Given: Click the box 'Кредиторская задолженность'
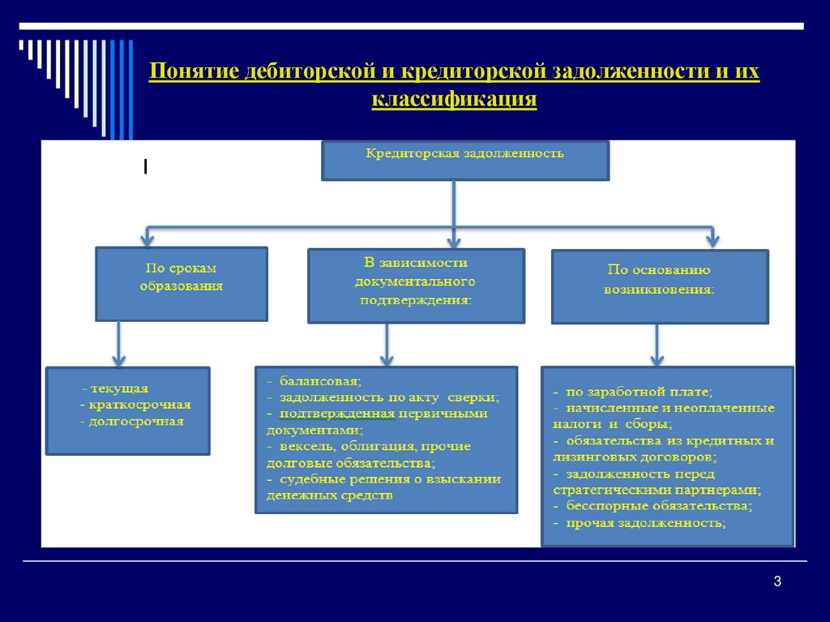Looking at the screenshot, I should pos(464,161).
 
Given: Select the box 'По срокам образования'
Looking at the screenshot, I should pos(181,284).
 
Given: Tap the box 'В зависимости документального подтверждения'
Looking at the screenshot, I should pos(415,285).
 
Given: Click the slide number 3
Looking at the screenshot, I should pos(777,581).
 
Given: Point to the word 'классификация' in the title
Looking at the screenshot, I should pos(454,99).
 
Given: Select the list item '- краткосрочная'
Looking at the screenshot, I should pos(135,405).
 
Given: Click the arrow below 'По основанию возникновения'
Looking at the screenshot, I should pos(658,345).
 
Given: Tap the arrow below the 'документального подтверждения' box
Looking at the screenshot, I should pos(387,345).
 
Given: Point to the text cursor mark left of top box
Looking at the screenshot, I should pos(145,167).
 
